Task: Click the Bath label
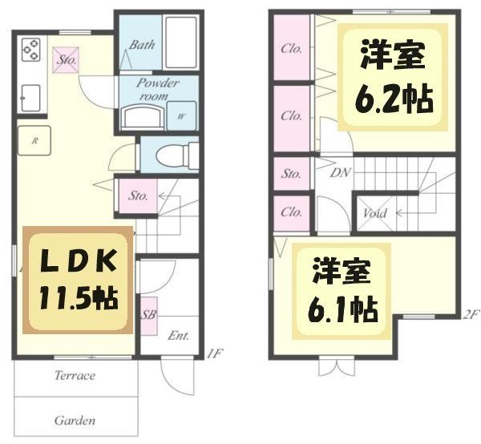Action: pos(142,45)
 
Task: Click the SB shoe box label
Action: pos(148,315)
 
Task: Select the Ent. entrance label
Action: pos(178,335)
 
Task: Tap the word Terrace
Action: pos(75,375)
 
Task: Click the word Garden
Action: pos(75,420)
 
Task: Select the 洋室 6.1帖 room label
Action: pos(341,288)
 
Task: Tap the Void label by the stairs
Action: pos(375,214)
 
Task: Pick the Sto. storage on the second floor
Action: pos(291,173)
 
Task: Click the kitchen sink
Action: pos(31,95)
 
